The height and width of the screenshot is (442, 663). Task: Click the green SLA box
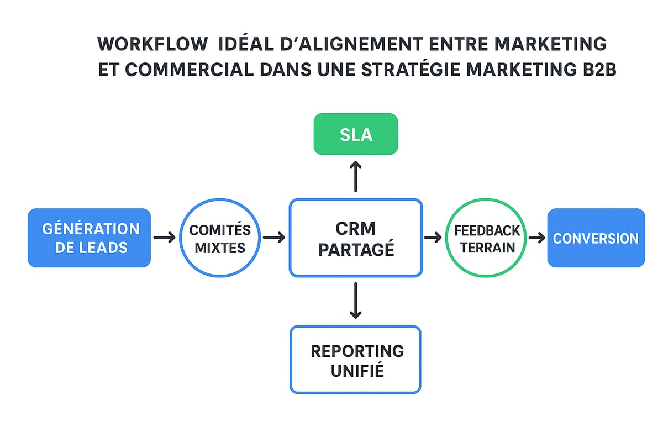(x=356, y=134)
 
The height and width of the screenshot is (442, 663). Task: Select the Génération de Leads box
(x=89, y=238)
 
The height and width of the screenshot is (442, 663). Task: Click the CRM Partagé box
(x=356, y=238)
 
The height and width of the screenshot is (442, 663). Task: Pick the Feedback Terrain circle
(x=486, y=238)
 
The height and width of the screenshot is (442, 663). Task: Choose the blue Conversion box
(x=596, y=238)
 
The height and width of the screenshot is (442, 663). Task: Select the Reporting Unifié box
(x=356, y=360)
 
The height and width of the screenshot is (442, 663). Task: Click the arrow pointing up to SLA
(x=356, y=176)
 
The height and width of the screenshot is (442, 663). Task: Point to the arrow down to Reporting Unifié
(x=356, y=301)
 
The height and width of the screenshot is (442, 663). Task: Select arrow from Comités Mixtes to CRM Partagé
(x=274, y=238)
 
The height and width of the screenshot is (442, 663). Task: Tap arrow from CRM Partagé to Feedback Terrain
(x=433, y=238)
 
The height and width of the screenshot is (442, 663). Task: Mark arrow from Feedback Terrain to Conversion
(x=536, y=238)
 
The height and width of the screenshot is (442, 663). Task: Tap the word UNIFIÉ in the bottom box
(x=357, y=371)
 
